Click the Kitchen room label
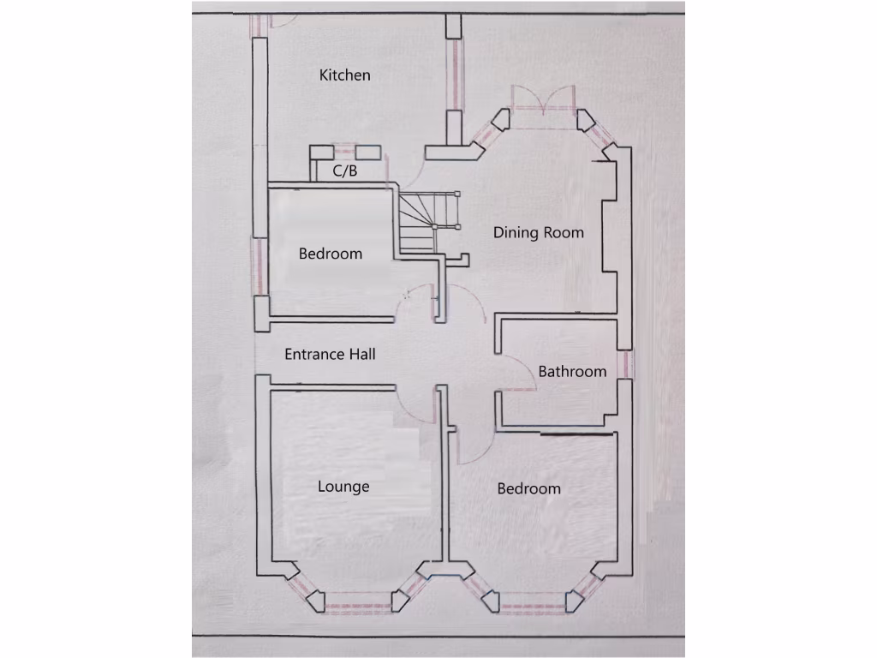[345, 75]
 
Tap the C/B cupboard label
[344, 171]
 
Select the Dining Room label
[538, 232]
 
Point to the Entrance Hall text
[330, 354]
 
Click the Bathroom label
[572, 371]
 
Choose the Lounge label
[343, 487]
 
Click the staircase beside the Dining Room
[421, 221]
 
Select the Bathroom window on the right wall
[626, 365]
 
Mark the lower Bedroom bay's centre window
[528, 607]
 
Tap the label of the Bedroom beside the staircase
[330, 254]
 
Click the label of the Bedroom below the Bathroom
[529, 488]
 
